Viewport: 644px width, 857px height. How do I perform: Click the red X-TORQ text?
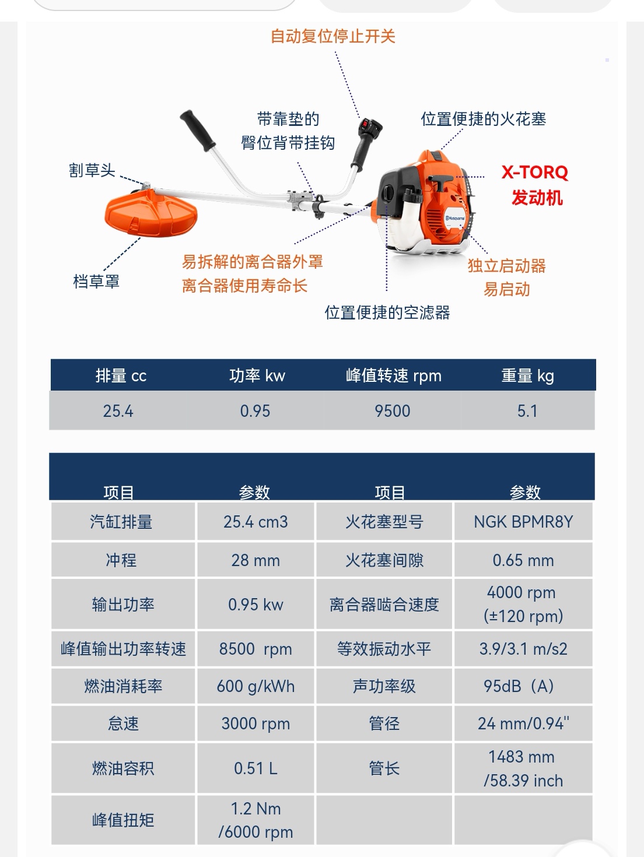pos(535,172)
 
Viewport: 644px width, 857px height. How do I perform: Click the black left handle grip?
pos(198,131)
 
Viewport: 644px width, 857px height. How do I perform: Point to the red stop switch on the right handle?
pos(365,124)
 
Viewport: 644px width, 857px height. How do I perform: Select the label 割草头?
pos(92,170)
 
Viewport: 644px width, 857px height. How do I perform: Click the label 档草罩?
pos(96,281)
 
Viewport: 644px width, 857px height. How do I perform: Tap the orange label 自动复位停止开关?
pos(333,36)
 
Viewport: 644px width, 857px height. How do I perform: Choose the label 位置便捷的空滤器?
pos(387,312)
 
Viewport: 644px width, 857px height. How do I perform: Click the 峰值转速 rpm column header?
pos(394,375)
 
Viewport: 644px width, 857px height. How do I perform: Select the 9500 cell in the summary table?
pos(393,411)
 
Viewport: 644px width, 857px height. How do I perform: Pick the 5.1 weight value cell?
pos(527,411)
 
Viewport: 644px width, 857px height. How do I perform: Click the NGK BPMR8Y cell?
pos(523,522)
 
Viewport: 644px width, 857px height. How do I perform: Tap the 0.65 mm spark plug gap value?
pos(523,561)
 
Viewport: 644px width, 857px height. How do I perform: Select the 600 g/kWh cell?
pos(256,686)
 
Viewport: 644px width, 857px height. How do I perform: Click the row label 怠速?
pos(123,723)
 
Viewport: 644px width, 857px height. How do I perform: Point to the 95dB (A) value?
pos(519,686)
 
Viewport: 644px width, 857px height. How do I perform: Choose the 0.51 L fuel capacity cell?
pos(256,768)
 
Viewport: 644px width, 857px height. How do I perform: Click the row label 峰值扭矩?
pos(123,820)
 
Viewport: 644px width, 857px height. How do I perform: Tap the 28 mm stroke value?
pos(256,561)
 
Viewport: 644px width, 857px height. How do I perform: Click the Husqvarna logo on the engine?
pos(456,218)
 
